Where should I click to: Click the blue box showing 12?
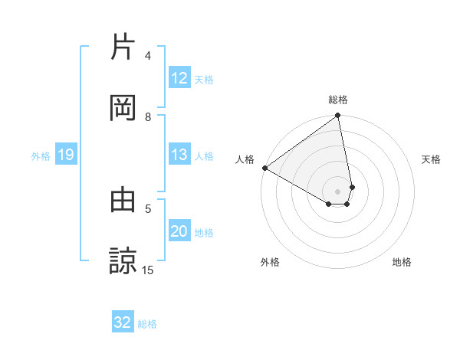pos(179,78)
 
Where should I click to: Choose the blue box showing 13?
pos(179,155)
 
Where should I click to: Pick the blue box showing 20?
pos(179,231)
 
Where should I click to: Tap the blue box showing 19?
pos(66,155)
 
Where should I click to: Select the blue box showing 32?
pos(123,322)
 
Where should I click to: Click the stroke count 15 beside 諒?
pos(148,270)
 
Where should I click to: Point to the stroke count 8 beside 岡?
pos(148,116)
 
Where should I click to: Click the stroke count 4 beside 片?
pos(148,56)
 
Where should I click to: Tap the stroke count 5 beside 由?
pos(148,208)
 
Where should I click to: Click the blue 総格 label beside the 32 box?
pos(147,324)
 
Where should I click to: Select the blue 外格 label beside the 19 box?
pos(41,156)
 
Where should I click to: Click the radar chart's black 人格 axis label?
pos(245,159)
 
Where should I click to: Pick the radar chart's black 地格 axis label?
pos(402,262)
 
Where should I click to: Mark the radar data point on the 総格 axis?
pos(337,116)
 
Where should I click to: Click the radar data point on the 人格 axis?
pos(264,167)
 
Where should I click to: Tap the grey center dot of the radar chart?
pos(337,191)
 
